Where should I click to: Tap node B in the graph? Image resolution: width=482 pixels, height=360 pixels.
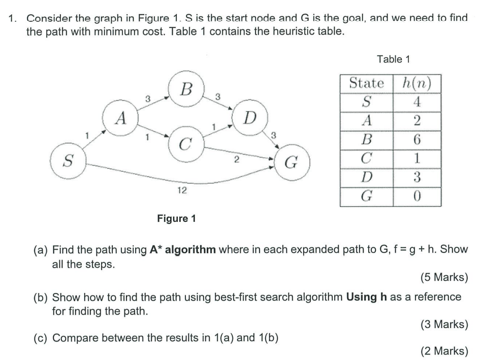point(186,90)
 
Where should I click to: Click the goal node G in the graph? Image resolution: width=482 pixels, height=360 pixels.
point(292,164)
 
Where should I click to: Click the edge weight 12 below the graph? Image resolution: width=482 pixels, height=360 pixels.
point(181,190)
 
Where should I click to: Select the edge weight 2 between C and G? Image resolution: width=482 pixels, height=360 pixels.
point(236,161)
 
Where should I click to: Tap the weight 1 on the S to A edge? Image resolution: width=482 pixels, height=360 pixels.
point(87,136)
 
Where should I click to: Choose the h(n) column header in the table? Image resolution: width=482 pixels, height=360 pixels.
point(416,83)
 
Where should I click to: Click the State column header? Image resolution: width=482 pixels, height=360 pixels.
point(367,83)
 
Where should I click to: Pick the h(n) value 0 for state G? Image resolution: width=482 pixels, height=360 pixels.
point(416,196)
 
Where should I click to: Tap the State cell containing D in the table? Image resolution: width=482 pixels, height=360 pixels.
point(367,177)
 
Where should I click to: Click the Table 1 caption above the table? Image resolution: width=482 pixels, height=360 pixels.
point(393,59)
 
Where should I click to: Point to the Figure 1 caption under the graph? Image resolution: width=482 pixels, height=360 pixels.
point(176,219)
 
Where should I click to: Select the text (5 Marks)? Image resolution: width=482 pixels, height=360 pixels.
point(444,278)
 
